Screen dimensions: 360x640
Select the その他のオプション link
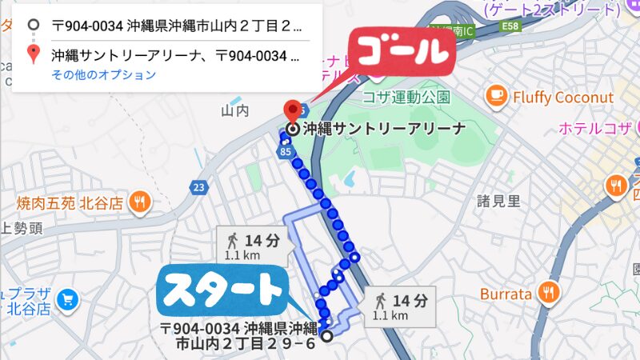tap(104, 74)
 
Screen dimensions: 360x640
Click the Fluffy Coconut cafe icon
tap(497, 97)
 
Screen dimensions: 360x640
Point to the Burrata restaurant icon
tap(548, 294)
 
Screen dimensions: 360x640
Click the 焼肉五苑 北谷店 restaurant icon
tap(141, 202)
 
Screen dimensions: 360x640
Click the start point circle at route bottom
tap(326, 336)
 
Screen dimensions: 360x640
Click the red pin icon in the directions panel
tap(33, 54)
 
